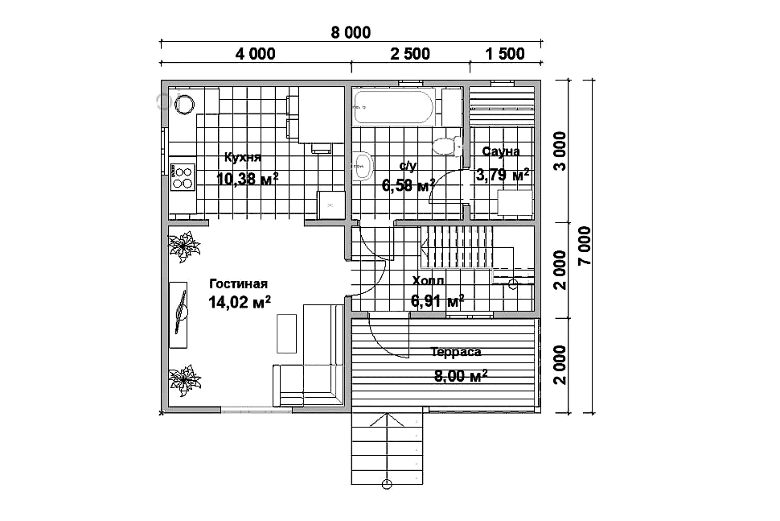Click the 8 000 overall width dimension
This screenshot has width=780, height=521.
tap(351, 32)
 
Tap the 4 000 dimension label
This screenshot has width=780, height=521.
tap(255, 53)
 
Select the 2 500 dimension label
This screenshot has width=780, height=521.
tap(410, 53)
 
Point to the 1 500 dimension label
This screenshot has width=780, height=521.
tap(505, 53)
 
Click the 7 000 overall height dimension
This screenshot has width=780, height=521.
tap(585, 245)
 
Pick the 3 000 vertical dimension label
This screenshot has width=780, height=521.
tap(560, 151)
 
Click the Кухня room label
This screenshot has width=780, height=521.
tap(243, 157)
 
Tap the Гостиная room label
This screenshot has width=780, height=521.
tap(238, 284)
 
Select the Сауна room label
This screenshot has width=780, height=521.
tap(501, 151)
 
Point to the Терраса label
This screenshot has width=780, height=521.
tap(456, 352)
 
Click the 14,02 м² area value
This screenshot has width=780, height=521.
tap(240, 302)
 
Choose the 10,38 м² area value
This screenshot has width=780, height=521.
tap(247, 178)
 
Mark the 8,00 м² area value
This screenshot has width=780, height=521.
tap(461, 375)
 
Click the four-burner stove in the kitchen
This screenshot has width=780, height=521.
tap(182, 178)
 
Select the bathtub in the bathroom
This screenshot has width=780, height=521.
tap(394, 107)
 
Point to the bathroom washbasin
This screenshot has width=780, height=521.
tap(363, 165)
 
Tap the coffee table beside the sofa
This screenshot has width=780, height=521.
tap(286, 333)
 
